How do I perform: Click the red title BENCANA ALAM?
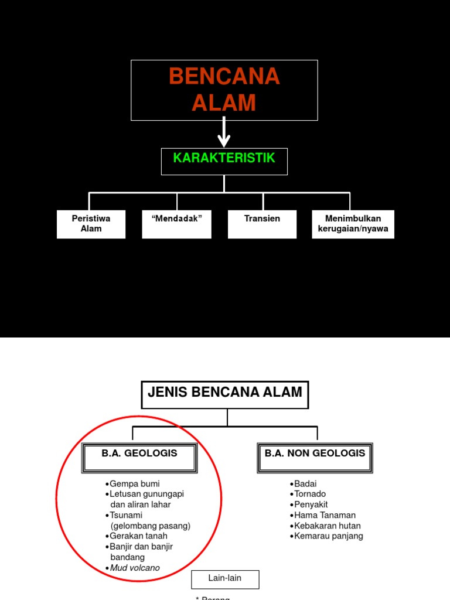pyautogui.click(x=224, y=90)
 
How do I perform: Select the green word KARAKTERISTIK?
pyautogui.click(x=224, y=159)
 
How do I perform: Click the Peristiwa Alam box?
pyautogui.click(x=91, y=224)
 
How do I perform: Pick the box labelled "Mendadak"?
pyautogui.click(x=176, y=224)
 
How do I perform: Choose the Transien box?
pyautogui.click(x=262, y=224)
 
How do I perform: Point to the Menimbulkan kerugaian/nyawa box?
pyautogui.click(x=353, y=224)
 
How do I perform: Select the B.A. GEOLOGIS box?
pyautogui.click(x=139, y=458)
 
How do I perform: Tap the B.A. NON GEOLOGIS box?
pyautogui.click(x=315, y=458)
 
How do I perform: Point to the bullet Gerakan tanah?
pyautogui.click(x=138, y=536)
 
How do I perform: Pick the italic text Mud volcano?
pyautogui.click(x=134, y=568)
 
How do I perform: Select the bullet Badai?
pyautogui.click(x=305, y=484)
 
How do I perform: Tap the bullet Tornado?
pyautogui.click(x=309, y=494)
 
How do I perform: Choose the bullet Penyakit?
pyautogui.click(x=311, y=504)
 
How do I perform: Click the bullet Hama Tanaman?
pyautogui.click(x=325, y=515)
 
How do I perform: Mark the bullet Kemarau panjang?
pyautogui.click(x=328, y=536)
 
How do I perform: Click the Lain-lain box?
pyautogui.click(x=225, y=578)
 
